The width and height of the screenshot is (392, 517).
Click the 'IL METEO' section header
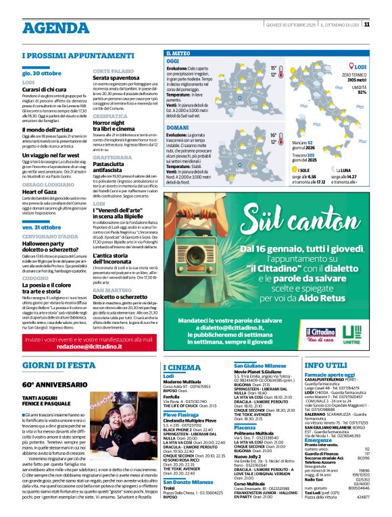coord(178,53)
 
